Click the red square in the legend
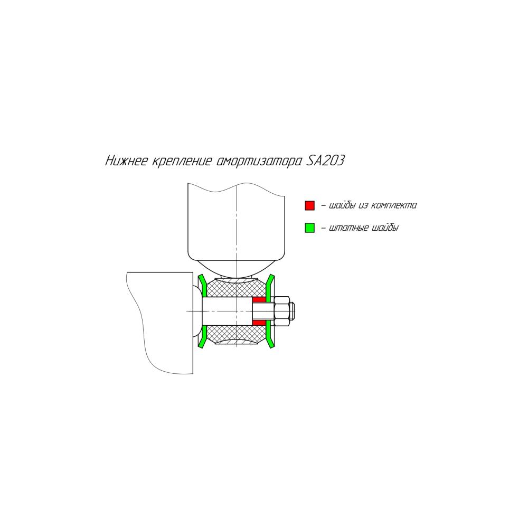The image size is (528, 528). [309, 205]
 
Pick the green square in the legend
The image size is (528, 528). [309, 228]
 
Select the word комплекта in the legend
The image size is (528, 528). [394, 205]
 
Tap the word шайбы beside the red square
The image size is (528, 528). [342, 205]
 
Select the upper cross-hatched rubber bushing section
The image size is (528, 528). [235, 288]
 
